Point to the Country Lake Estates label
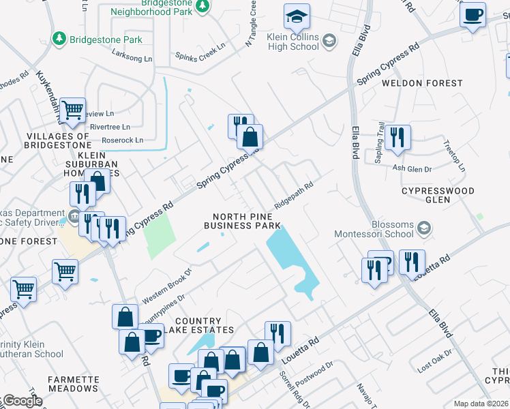pyautogui.click(x=198, y=325)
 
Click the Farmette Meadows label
pyautogui.click(x=73, y=384)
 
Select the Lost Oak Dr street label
pyautogui.click(x=435, y=363)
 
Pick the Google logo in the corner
pyautogui.click(x=22, y=401)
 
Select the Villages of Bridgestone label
pyautogui.click(x=58, y=141)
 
